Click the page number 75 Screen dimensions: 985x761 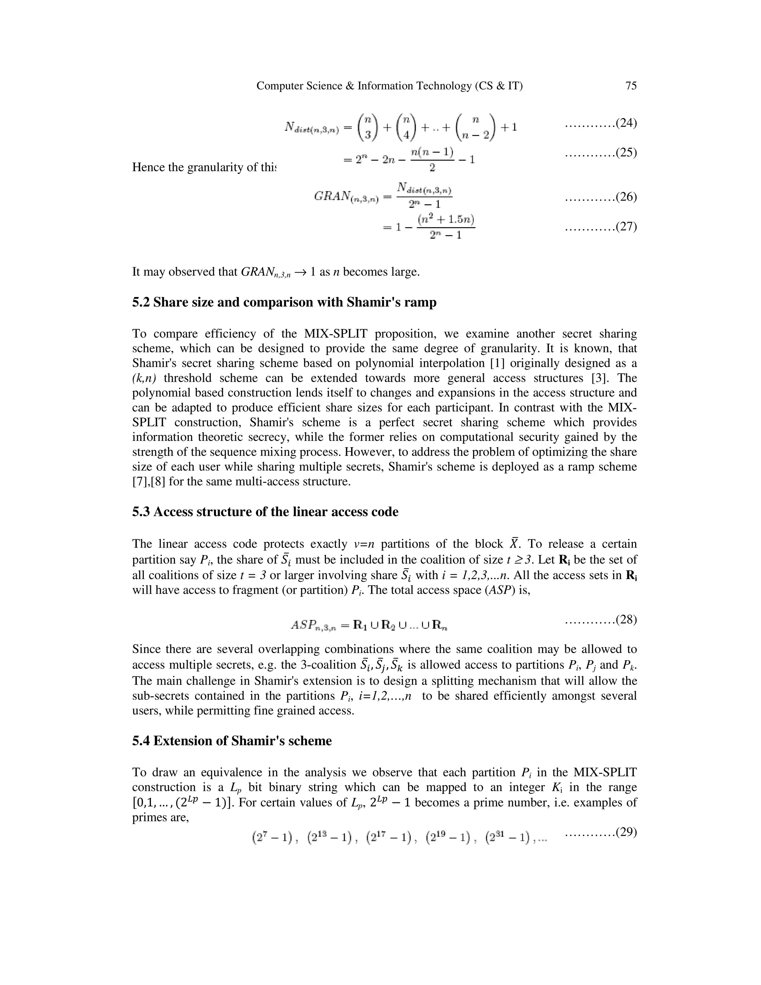click(631, 86)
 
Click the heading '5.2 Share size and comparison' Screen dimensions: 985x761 click(284, 302)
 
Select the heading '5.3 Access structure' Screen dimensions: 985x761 click(265, 512)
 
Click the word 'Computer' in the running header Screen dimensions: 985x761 click(276, 86)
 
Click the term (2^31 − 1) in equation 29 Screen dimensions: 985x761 click(507, 839)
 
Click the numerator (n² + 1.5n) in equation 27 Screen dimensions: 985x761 click(446, 220)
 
